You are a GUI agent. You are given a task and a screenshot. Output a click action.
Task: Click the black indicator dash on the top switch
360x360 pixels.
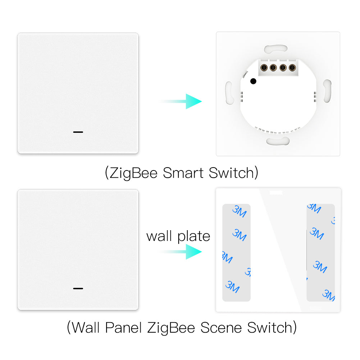tap(78, 132)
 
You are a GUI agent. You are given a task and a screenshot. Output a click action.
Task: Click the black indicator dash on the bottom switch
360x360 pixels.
tap(78, 288)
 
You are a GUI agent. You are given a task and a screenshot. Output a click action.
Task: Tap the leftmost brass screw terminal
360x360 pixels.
tap(264, 68)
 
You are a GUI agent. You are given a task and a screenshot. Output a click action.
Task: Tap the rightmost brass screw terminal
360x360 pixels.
tap(292, 68)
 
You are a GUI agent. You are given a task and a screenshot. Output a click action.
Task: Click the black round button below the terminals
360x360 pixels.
tap(253, 81)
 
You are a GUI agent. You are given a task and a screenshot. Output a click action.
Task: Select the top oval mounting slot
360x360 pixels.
tap(276, 49)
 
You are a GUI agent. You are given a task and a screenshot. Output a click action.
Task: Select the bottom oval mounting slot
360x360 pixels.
tap(278, 141)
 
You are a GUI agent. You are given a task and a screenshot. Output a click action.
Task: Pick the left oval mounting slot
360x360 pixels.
tap(229, 93)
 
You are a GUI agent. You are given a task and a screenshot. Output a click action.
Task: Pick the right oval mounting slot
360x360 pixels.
tap(327, 91)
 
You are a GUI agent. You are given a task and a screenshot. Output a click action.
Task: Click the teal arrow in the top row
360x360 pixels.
tap(181, 101)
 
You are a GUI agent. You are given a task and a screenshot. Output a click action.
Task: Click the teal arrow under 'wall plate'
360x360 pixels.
tap(181, 252)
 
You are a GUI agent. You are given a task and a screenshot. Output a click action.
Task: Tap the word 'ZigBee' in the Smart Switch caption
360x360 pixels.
tap(133, 173)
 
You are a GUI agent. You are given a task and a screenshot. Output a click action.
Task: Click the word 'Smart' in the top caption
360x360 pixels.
tap(183, 173)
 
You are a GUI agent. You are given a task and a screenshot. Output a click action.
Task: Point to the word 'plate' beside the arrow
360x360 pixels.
tap(194, 237)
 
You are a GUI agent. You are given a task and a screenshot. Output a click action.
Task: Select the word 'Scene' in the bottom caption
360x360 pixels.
tap(221, 328)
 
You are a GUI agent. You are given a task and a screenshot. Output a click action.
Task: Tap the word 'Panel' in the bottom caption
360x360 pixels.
tap(123, 328)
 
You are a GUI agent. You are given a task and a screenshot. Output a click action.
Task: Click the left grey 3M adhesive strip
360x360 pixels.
tap(237, 252)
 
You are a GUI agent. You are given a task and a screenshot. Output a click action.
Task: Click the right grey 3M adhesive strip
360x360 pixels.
tap(320, 252)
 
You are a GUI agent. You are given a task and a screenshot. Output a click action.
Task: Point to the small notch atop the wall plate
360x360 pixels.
tap(276, 192)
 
